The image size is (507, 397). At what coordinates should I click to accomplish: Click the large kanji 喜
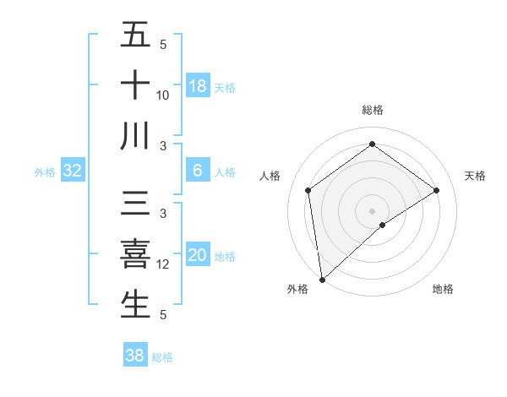[136, 254]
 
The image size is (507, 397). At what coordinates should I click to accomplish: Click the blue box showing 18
[198, 85]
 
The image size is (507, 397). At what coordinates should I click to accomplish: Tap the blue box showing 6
[198, 171]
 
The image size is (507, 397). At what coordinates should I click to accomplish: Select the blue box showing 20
[198, 254]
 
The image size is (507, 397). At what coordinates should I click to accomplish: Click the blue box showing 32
[73, 171]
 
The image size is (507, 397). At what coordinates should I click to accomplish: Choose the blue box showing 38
[135, 356]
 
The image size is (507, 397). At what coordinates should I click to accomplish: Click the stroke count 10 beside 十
[163, 96]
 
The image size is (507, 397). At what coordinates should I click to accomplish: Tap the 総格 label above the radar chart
[373, 110]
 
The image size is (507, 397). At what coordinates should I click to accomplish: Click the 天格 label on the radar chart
[476, 176]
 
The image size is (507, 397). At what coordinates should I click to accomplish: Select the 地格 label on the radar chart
[443, 289]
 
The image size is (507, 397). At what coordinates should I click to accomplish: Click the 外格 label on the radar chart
[297, 289]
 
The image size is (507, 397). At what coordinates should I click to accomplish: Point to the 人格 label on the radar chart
[270, 176]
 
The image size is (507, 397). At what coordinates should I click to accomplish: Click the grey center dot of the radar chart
[373, 209]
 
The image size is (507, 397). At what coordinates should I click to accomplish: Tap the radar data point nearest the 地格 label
[383, 225]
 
